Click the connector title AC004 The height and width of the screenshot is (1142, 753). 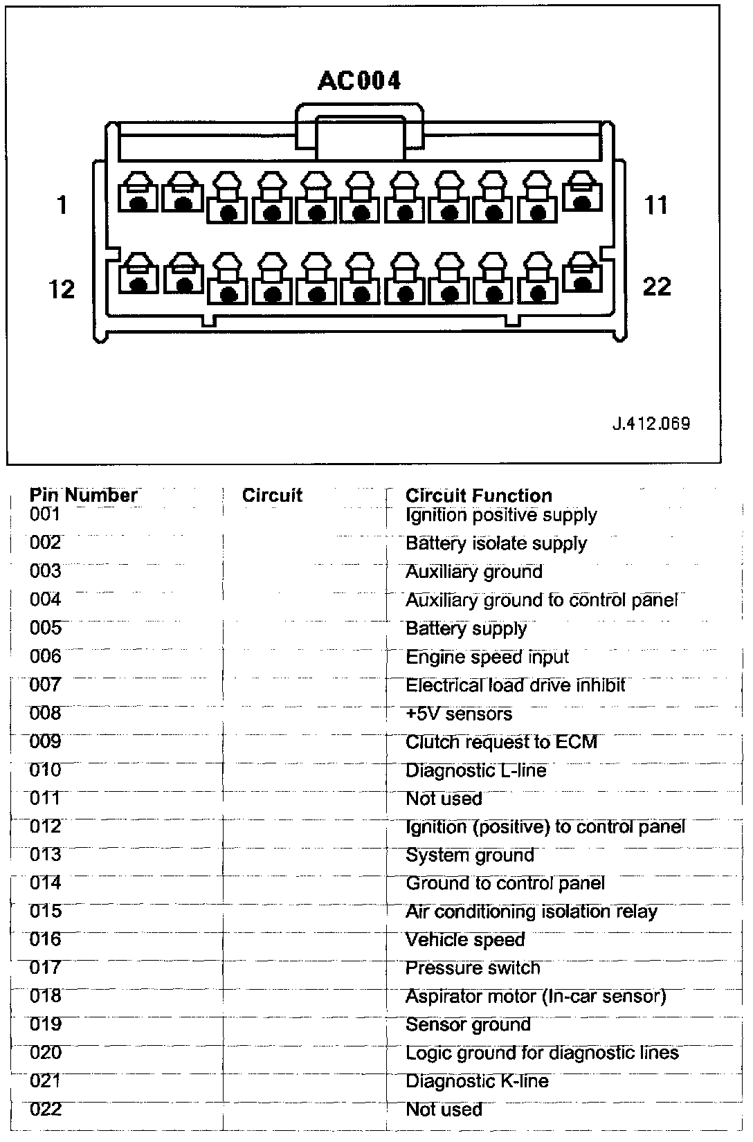click(359, 81)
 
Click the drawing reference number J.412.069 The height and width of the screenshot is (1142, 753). click(651, 423)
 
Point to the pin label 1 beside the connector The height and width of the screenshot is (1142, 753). click(62, 205)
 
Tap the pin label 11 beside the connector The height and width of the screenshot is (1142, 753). click(656, 205)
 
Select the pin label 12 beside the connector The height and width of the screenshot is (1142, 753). click(61, 288)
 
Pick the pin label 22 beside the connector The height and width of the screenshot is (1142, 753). click(657, 286)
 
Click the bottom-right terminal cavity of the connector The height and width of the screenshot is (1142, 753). click(583, 275)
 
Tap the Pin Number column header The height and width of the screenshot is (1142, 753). click(83, 495)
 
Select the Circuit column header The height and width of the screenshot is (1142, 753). click(272, 495)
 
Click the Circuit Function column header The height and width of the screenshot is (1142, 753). click(479, 496)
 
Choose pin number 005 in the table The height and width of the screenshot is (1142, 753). click(46, 628)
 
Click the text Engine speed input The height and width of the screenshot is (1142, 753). click(487, 657)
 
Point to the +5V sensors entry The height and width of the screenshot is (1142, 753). click(459, 714)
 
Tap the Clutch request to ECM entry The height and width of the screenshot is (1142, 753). click(501, 742)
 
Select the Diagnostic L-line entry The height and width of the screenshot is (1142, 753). click(476, 770)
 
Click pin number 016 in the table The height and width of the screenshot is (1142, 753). click(46, 939)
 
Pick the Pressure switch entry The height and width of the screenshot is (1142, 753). click(473, 968)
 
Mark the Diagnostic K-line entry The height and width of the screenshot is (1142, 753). click(477, 1081)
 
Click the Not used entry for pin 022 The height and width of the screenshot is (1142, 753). click(444, 1109)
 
